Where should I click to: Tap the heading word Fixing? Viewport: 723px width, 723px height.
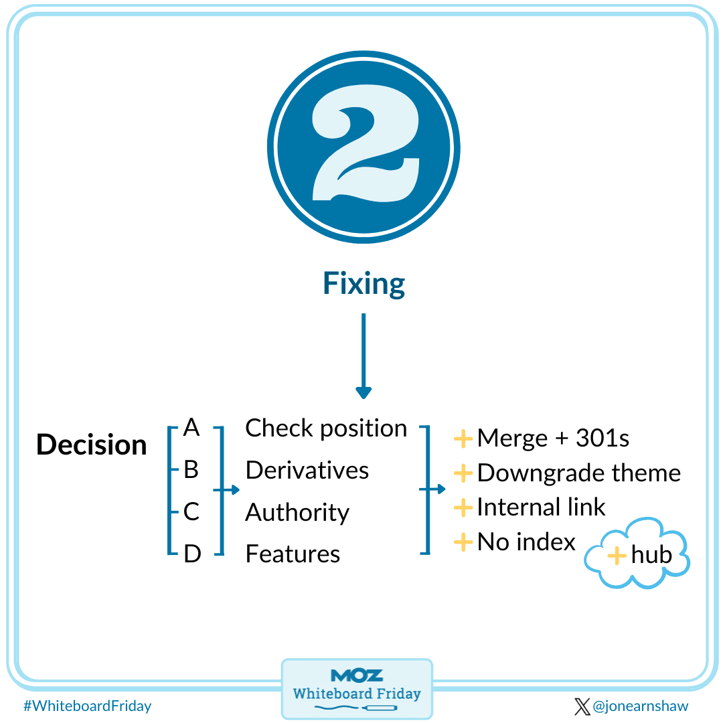point(364,284)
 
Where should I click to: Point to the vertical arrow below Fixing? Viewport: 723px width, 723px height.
point(363,355)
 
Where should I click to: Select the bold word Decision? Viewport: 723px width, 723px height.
point(91,445)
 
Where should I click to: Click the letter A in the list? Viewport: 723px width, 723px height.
point(191,428)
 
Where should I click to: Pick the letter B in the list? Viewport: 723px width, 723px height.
point(191,470)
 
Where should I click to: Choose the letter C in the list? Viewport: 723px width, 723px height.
point(191,512)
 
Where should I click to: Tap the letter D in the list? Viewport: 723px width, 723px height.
point(192,554)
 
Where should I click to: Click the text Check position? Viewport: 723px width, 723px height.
point(326,428)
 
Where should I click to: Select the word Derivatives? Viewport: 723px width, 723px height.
point(307,470)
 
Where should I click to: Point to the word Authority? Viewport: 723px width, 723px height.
point(297,513)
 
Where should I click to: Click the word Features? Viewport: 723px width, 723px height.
point(293,554)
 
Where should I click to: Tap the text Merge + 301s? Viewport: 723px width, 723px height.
point(553,438)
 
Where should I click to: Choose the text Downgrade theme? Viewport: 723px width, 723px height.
point(578,473)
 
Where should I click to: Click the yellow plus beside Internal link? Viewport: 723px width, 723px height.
point(463,507)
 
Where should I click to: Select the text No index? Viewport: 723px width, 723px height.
point(526,542)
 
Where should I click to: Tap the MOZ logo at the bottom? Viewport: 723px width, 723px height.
point(357,675)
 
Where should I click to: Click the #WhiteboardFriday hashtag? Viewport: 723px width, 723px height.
point(87,706)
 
